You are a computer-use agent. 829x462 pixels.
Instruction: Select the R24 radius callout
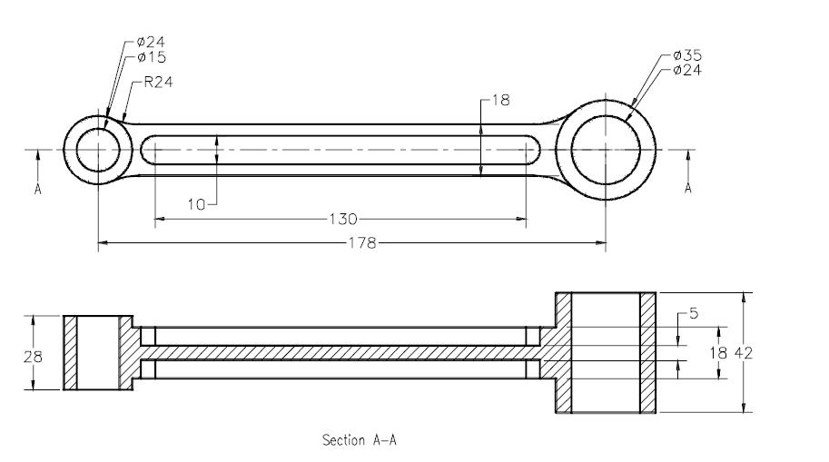click(x=158, y=81)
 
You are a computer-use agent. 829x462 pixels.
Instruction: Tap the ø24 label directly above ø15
click(x=152, y=42)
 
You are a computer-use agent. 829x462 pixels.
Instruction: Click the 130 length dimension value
click(x=344, y=219)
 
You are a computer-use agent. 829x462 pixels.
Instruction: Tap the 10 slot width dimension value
click(x=197, y=204)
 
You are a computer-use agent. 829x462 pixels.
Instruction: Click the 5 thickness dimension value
click(x=694, y=315)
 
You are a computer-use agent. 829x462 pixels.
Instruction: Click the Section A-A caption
click(x=360, y=440)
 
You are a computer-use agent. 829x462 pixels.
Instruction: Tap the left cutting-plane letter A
click(x=38, y=189)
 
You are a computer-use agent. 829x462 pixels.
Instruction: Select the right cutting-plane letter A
click(x=687, y=188)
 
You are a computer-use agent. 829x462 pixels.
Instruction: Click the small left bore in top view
click(x=97, y=149)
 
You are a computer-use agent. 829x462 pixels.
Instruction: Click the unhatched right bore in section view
click(x=605, y=352)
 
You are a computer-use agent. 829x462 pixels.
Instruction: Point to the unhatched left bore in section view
click(x=98, y=353)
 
